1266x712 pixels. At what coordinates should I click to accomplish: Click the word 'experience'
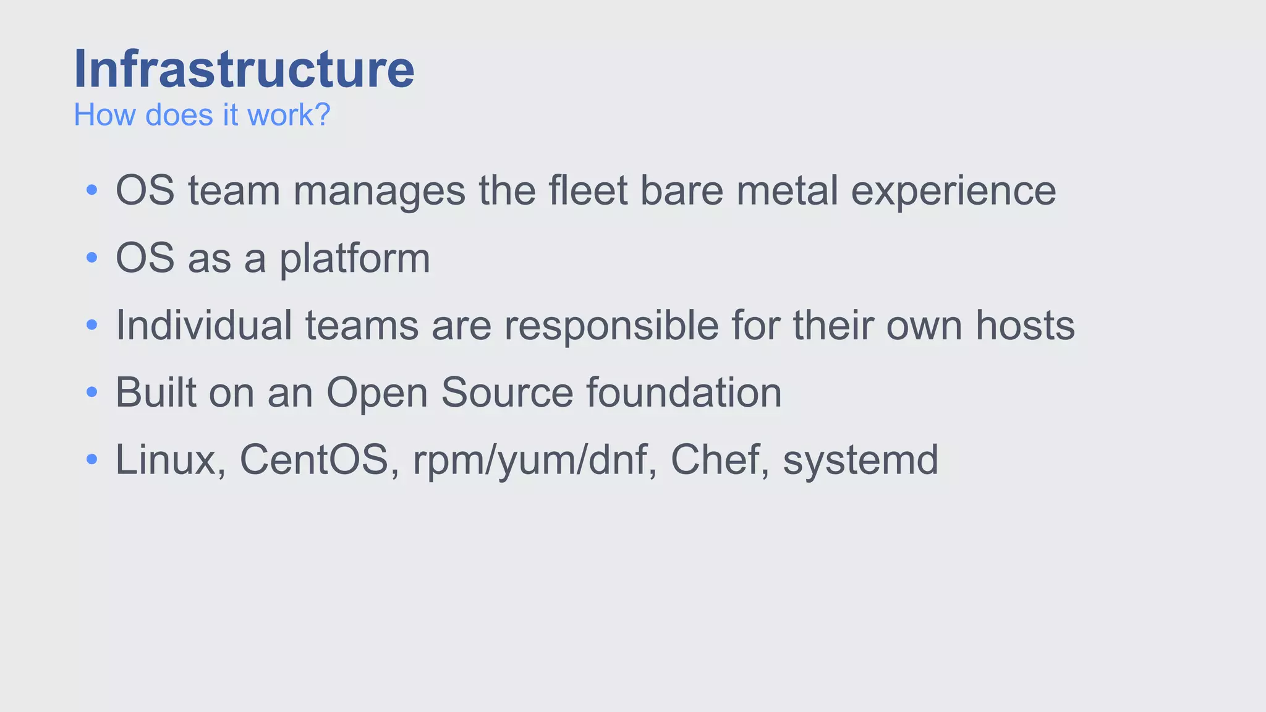[x=953, y=192]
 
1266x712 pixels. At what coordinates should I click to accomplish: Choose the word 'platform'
[x=354, y=259]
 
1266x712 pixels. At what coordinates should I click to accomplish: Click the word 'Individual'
[x=204, y=325]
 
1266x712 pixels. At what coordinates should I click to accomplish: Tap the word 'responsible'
[x=611, y=326]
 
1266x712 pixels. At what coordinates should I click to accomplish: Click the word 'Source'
[x=507, y=392]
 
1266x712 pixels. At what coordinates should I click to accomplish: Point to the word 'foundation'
[x=684, y=392]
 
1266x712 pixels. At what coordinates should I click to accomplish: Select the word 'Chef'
[x=720, y=460]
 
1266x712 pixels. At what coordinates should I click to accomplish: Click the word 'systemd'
[x=860, y=461]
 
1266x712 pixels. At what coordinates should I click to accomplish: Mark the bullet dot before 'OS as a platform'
[x=92, y=257]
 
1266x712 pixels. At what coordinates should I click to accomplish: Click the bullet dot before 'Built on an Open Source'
[x=92, y=392]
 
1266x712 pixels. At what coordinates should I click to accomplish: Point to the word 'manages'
[x=379, y=192]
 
